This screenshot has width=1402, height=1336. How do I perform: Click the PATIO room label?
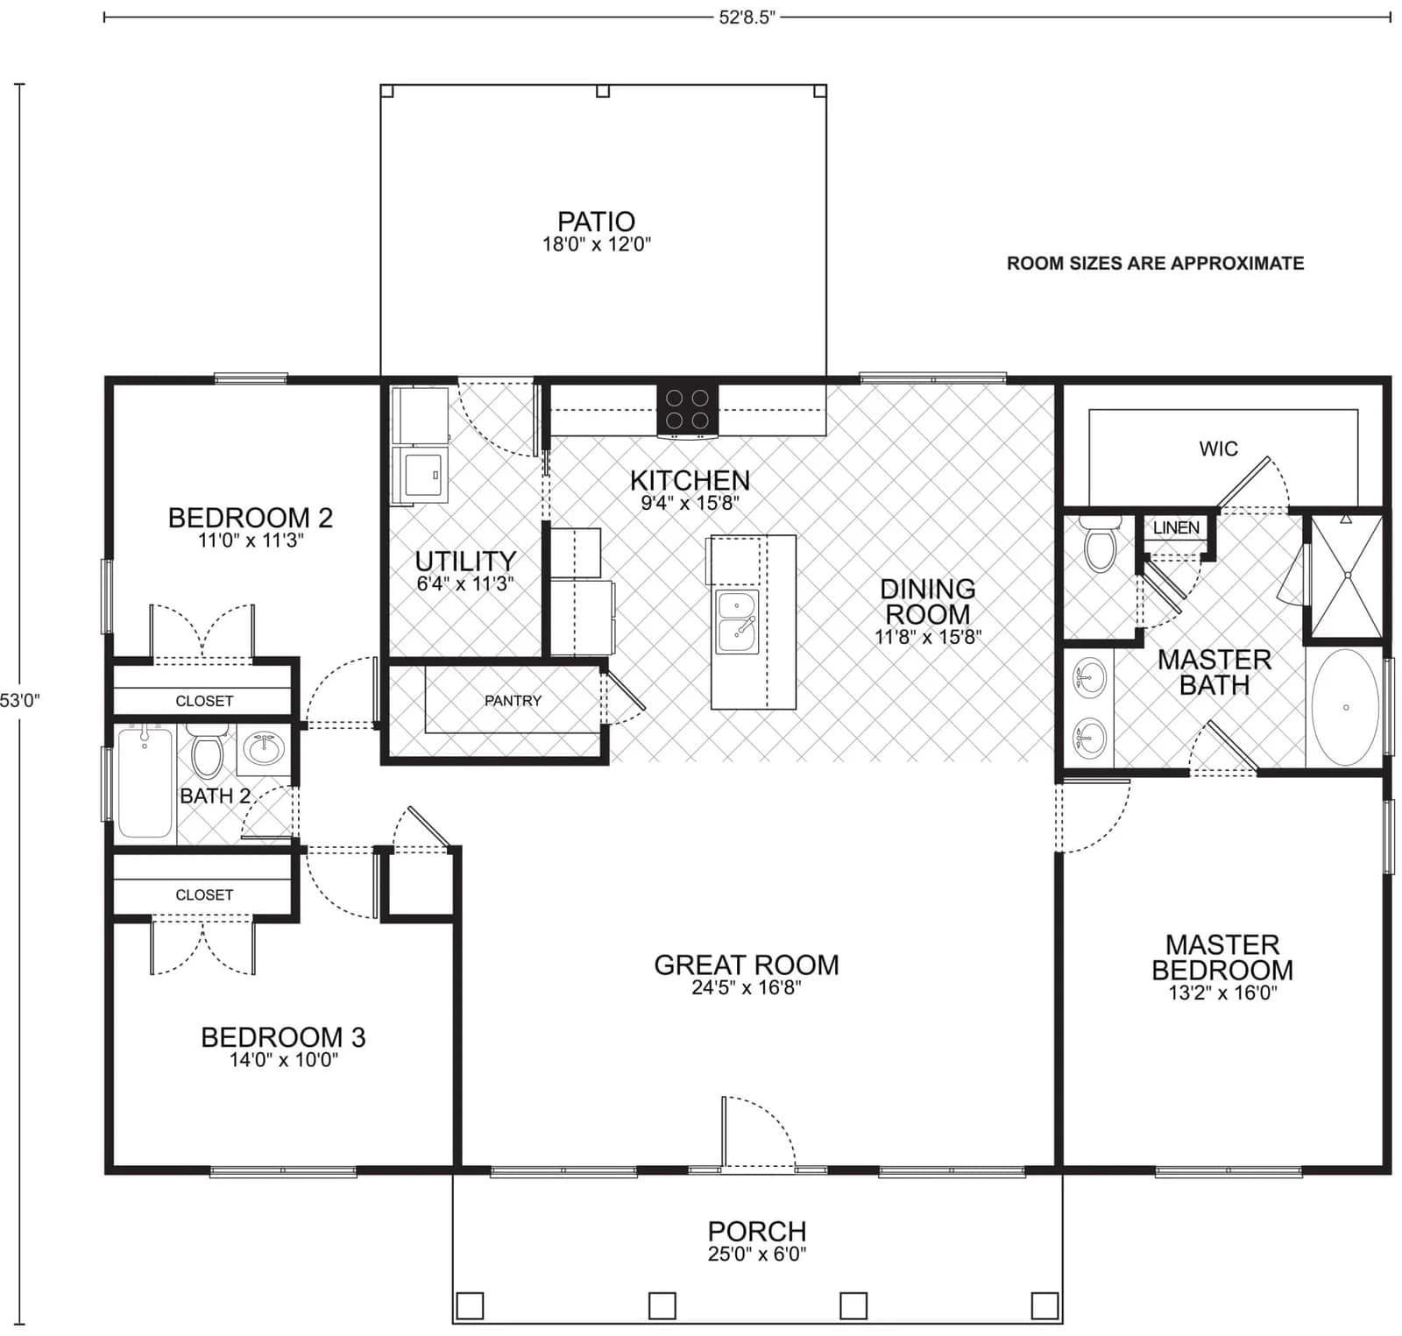pos(596,222)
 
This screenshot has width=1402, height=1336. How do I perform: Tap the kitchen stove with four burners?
pos(687,409)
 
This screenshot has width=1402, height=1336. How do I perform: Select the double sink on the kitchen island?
pos(737,622)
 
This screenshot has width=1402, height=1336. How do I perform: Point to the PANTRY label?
pos(513,701)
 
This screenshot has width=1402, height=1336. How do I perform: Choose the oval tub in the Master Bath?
pos(1345,707)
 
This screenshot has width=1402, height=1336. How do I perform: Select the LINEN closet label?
pos(1176,527)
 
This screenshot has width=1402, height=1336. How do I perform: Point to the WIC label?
pos(1218,449)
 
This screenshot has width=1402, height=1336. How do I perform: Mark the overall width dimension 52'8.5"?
pos(747,18)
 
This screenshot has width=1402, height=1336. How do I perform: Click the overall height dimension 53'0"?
pos(19,700)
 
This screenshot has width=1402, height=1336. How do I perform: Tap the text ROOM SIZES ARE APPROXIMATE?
pos(1155,264)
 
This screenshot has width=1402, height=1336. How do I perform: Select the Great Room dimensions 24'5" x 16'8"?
pos(747,988)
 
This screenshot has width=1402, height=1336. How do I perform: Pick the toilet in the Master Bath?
pos(1100,544)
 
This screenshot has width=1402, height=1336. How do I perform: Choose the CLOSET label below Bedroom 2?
pos(204,701)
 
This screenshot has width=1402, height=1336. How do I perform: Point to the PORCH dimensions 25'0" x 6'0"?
pos(757,1254)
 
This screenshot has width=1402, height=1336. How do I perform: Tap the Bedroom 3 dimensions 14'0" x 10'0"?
pos(283,1060)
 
